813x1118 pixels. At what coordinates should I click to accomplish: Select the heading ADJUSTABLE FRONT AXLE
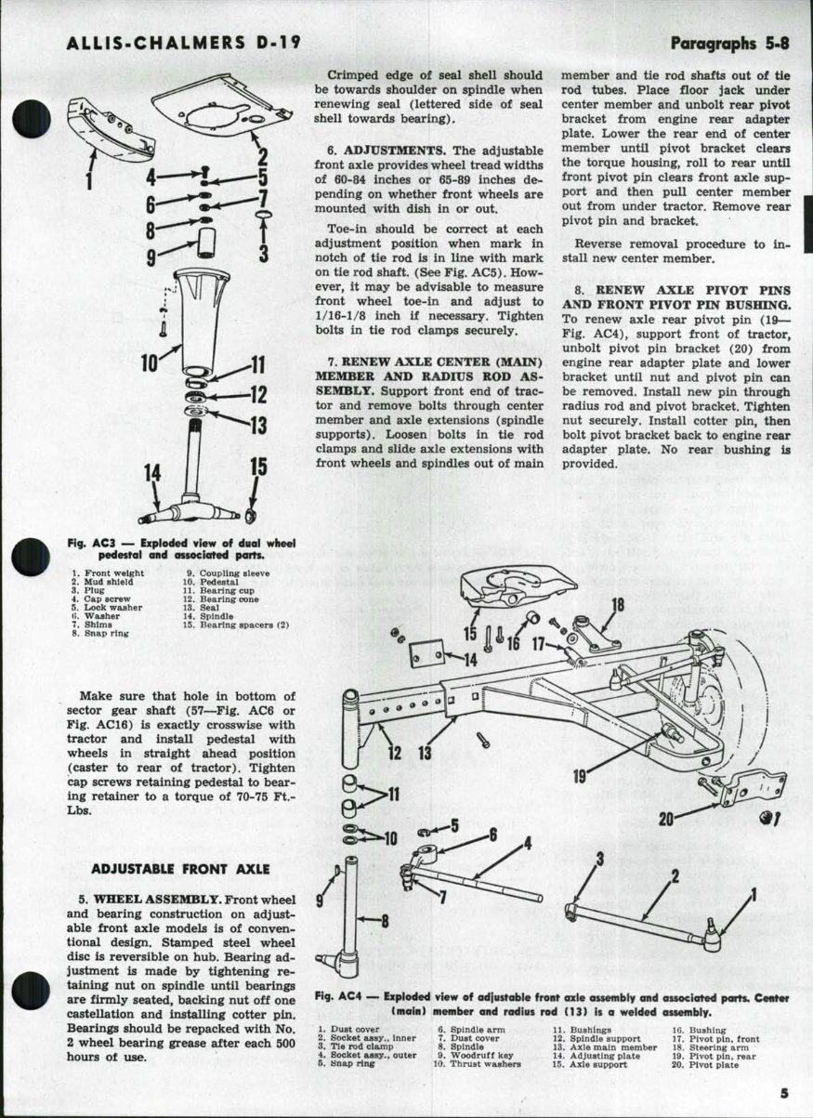point(180,869)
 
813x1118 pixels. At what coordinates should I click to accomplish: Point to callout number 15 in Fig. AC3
point(257,467)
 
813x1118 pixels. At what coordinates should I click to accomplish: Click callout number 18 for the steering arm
point(617,606)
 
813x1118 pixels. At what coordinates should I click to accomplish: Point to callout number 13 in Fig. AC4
point(424,754)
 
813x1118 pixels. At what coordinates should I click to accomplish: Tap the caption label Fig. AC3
point(89,543)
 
